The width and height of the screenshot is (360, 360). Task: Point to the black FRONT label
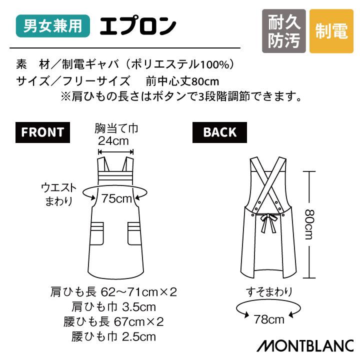tap(42, 132)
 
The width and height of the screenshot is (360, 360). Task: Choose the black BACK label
tap(219, 132)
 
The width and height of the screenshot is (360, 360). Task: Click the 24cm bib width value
tap(116, 141)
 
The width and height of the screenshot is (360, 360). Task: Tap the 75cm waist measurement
tap(116, 198)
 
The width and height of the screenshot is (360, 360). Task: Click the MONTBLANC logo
tap(306, 345)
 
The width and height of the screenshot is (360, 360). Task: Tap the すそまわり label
tap(269, 291)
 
